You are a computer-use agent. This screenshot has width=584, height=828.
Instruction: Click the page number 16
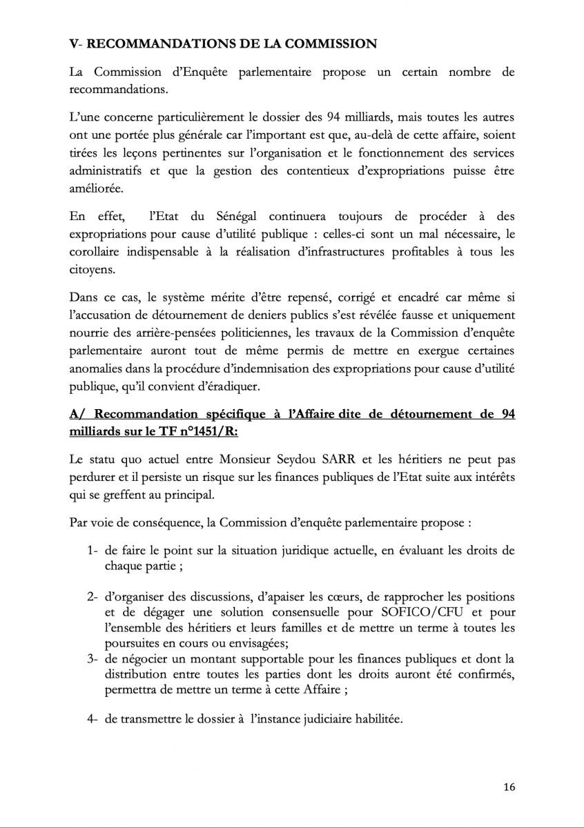pyautogui.click(x=509, y=787)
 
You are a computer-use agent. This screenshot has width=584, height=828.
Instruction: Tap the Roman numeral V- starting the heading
pyautogui.click(x=77, y=43)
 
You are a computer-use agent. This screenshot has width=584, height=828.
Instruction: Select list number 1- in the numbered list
pyautogui.click(x=93, y=551)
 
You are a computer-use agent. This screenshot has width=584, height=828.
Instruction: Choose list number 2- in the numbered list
pyautogui.click(x=93, y=596)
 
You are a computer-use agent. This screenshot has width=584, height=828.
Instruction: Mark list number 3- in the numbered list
pyautogui.click(x=93, y=660)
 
